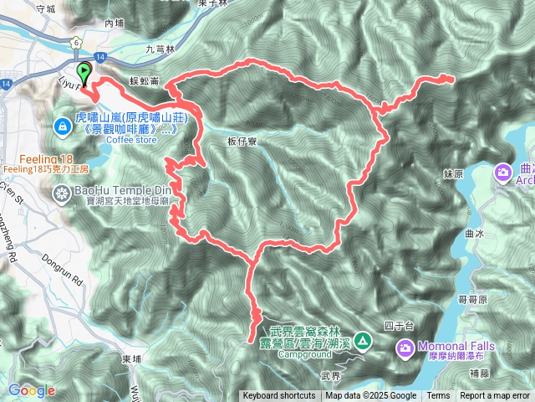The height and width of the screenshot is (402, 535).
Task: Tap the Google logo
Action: point(32,390)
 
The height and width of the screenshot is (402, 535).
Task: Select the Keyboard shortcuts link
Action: point(279,396)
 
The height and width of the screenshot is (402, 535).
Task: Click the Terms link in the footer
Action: point(438,396)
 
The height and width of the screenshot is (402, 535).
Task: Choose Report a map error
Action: point(495,396)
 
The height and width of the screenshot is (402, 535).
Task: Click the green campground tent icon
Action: point(362,340)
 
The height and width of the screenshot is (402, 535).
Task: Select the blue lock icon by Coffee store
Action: point(62,126)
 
